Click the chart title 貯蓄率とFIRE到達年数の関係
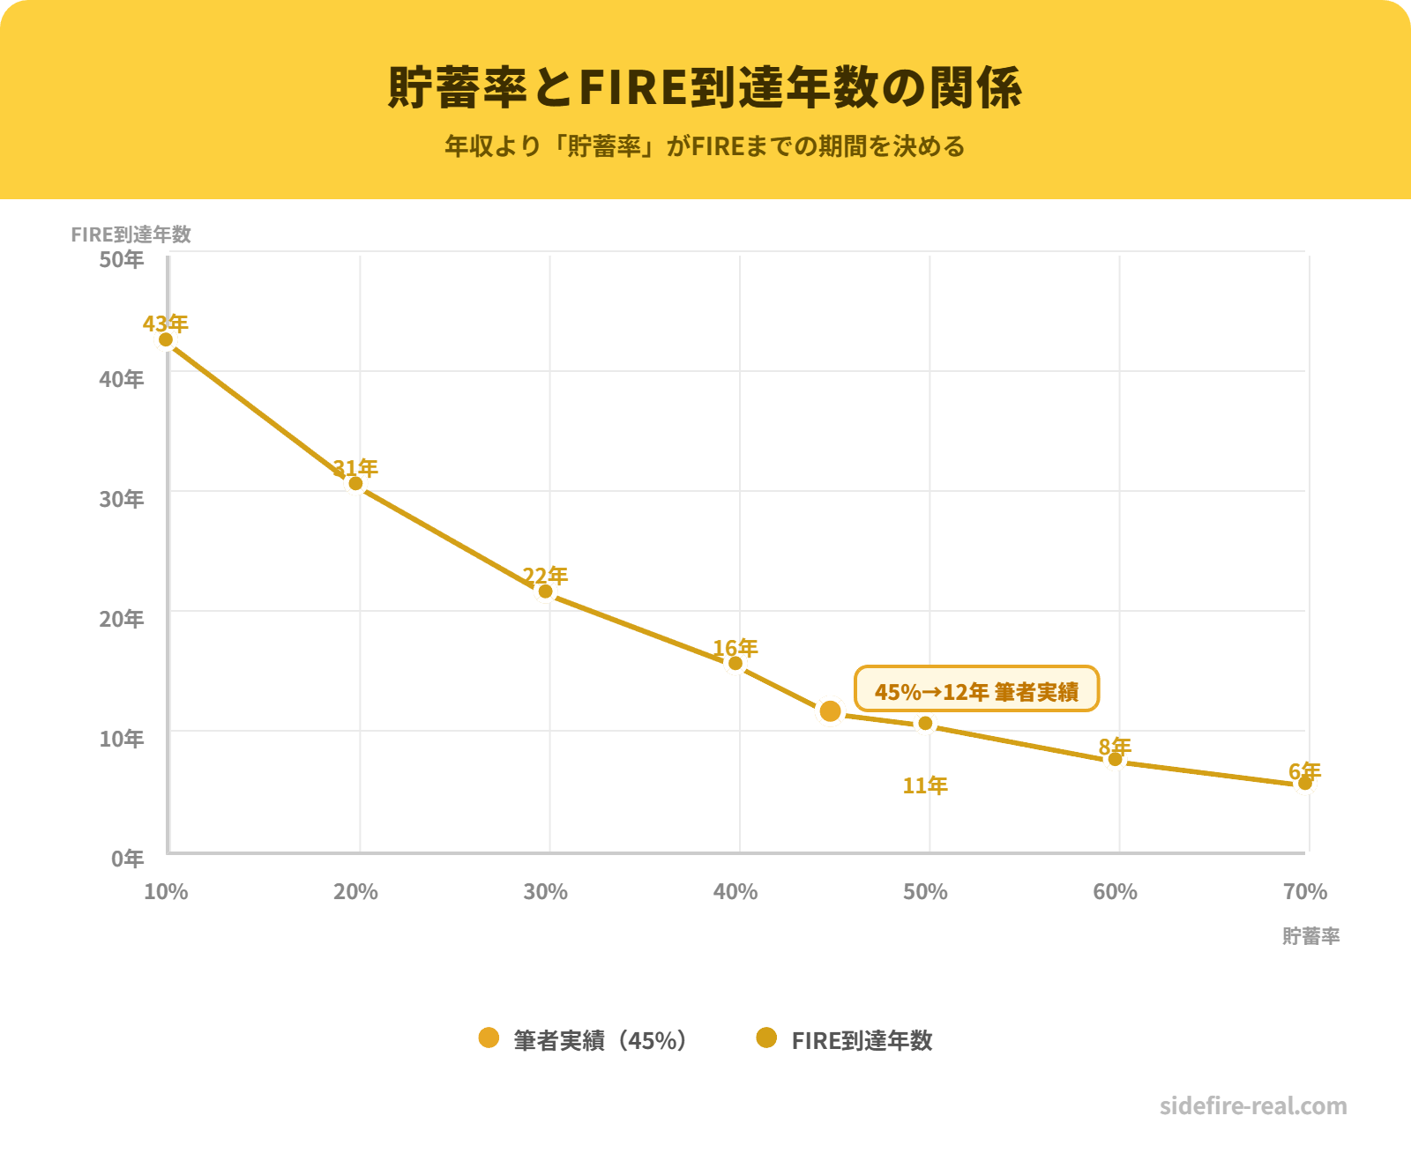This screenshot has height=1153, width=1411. point(705,87)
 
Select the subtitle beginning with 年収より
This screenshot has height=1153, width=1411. point(705,146)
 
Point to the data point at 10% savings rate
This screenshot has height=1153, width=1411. point(166,339)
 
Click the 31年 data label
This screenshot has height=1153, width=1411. point(355,467)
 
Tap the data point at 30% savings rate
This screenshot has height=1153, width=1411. point(546,591)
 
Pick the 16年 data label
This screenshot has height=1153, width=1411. point(735,648)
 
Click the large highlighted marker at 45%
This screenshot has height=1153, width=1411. point(830,710)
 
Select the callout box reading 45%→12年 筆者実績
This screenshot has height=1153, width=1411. point(976,689)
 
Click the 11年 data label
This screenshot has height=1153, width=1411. point(925,785)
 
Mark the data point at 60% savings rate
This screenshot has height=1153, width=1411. point(1115,759)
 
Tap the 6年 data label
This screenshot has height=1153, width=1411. point(1305,771)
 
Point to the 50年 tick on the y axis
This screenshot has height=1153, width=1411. point(122,259)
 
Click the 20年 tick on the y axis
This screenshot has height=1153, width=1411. point(122,619)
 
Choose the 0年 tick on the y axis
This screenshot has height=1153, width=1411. point(128,859)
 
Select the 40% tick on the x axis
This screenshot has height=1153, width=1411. point(735,892)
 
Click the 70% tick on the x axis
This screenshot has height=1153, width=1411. point(1305,892)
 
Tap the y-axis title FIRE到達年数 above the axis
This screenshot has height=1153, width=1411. point(131,234)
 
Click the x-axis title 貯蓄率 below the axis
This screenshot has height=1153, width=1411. point(1311,936)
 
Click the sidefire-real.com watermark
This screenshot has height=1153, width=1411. point(1253,1106)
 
